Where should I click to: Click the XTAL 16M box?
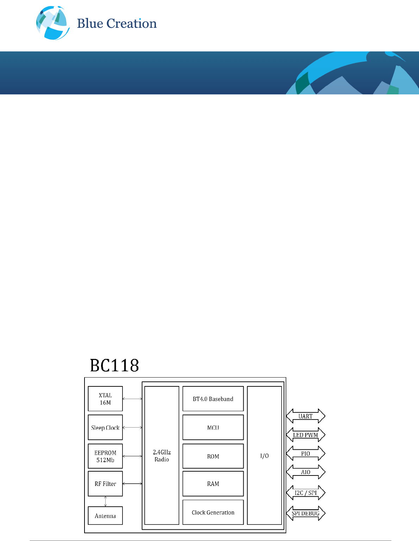click(105, 399)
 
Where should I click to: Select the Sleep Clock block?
click(105, 428)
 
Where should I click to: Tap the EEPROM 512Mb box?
click(105, 456)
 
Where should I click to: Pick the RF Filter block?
click(105, 484)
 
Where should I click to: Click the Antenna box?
click(105, 516)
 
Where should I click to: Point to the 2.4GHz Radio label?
click(162, 456)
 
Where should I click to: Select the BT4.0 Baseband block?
click(213, 399)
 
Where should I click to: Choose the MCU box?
click(213, 428)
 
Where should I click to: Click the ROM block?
click(213, 456)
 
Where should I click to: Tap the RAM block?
click(213, 484)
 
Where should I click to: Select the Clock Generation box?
click(213, 512)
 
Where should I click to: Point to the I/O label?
click(264, 456)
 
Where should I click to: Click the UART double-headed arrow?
click(306, 416)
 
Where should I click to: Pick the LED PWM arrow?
click(306, 435)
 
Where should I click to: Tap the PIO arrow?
click(306, 453)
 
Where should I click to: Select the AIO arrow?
click(306, 472)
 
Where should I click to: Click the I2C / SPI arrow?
click(306, 493)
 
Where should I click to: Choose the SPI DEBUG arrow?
click(306, 513)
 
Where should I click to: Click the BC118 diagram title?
click(114, 366)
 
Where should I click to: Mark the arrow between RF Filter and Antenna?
click(105, 501)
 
